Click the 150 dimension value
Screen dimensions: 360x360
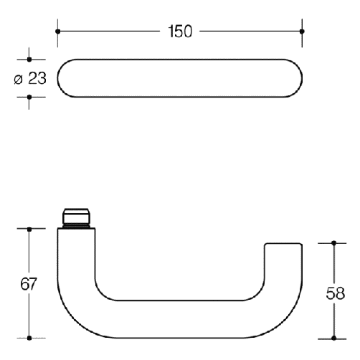(180, 32)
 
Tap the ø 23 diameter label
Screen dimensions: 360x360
(30, 78)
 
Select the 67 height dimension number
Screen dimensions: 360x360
(29, 284)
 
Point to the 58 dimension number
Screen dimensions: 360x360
(336, 293)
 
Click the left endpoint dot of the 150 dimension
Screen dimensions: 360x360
(57, 32)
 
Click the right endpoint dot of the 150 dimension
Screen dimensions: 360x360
(302, 32)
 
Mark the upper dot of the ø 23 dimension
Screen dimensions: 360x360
(29, 60)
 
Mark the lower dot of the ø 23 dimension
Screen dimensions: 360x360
(29, 97)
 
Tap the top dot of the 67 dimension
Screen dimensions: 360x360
(29, 229)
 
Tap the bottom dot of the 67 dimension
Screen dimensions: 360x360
(29, 338)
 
